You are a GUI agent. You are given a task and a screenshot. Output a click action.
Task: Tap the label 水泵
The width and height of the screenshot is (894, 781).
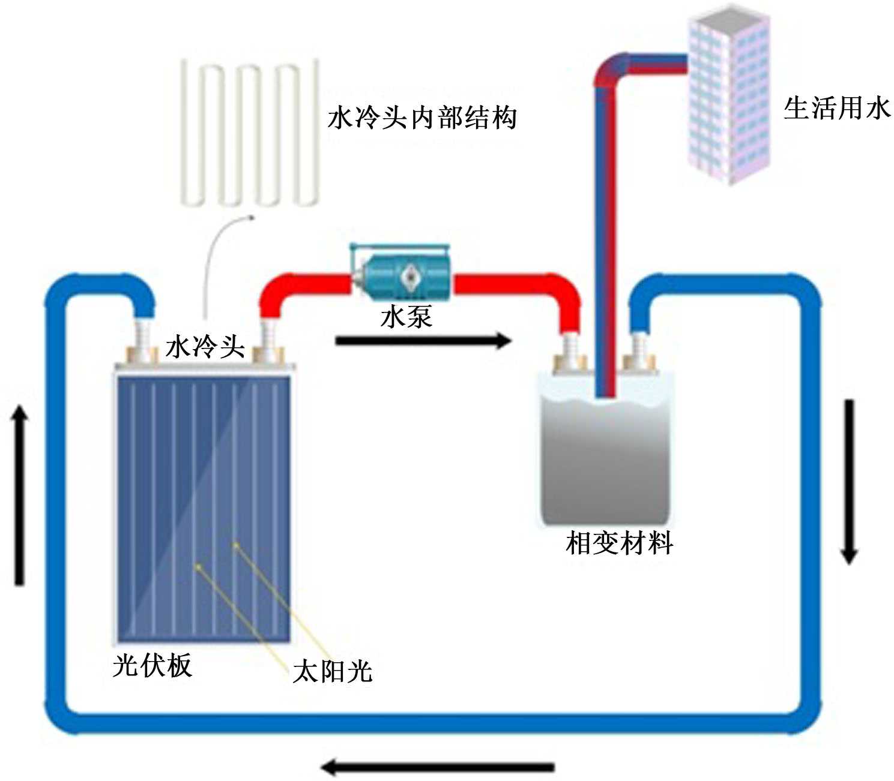tap(406, 317)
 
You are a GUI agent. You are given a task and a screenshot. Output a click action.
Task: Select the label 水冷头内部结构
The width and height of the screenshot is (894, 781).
tap(422, 118)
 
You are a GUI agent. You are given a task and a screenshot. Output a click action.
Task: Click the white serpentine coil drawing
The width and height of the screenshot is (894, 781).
tap(249, 132)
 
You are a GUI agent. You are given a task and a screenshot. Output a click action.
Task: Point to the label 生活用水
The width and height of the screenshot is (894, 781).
tap(836, 109)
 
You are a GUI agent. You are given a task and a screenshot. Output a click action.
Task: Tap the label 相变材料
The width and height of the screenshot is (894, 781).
tap(619, 543)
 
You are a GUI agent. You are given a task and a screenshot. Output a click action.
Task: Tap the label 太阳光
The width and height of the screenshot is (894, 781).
tap(333, 671)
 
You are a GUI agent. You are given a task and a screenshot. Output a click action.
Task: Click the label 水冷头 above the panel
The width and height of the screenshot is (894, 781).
tap(205, 346)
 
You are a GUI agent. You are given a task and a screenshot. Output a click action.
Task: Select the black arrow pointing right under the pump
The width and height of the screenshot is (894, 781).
tap(423, 341)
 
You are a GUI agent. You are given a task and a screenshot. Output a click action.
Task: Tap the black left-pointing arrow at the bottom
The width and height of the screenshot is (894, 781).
tap(438, 766)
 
